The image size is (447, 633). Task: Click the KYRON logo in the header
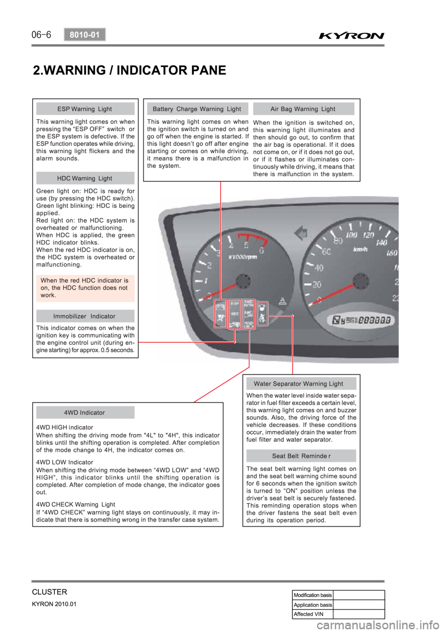(x=352, y=35)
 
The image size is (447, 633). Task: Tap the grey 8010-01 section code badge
(x=85, y=34)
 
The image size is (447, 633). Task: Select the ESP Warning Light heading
(x=85, y=109)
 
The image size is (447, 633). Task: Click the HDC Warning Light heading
(x=85, y=178)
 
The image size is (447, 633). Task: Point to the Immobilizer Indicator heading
(x=85, y=316)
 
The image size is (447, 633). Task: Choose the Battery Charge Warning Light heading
(x=197, y=109)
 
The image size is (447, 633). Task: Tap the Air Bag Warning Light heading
(x=303, y=109)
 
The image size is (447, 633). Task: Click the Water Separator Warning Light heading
(x=298, y=384)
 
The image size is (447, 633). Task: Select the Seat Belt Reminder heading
(x=301, y=456)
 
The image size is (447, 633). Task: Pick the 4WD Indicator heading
(x=85, y=413)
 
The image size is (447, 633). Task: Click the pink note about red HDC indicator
(x=85, y=288)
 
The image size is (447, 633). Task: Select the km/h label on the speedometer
(x=360, y=250)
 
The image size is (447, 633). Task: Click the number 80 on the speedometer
(x=338, y=241)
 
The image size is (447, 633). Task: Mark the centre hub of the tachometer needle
(x=243, y=282)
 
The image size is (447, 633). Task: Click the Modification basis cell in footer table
(x=312, y=595)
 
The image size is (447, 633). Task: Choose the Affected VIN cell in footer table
(x=312, y=614)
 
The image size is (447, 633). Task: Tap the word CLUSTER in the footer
(x=49, y=592)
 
